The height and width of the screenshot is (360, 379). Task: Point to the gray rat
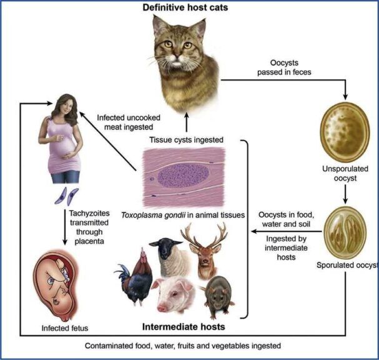coord(218,294)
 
